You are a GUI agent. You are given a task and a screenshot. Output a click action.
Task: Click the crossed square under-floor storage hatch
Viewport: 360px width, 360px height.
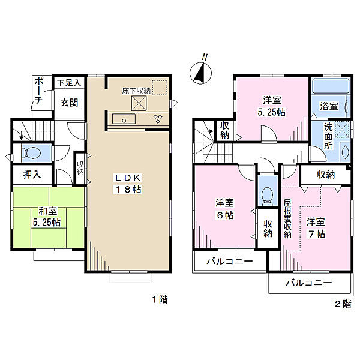click(140, 104)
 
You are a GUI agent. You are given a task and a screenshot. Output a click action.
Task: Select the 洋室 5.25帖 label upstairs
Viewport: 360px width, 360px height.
click(272, 106)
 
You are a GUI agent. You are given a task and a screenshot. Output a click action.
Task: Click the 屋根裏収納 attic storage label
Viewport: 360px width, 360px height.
click(287, 218)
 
